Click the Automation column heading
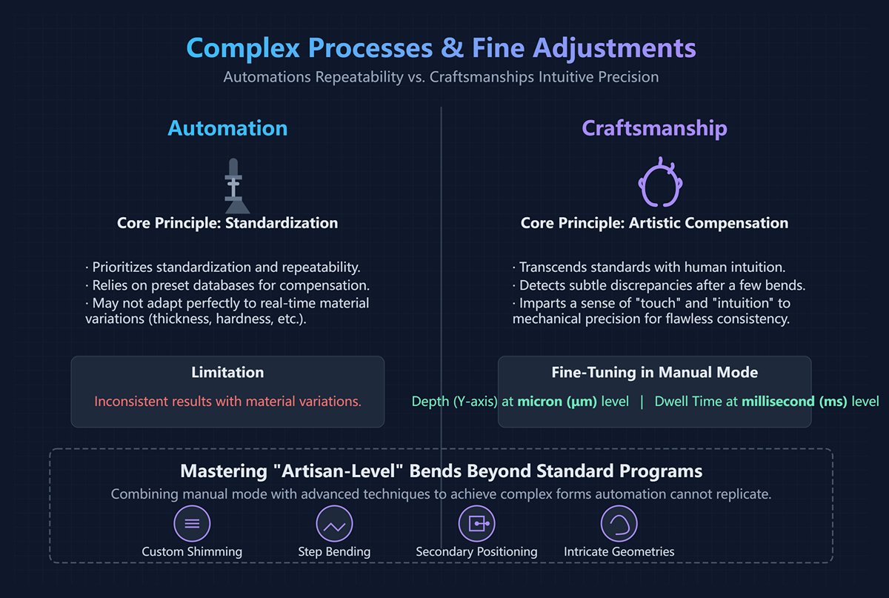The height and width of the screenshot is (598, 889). tap(227, 128)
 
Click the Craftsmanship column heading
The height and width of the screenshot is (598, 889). tap(654, 128)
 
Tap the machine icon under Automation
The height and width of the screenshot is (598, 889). tap(233, 185)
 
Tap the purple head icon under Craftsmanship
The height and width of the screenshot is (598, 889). tap(659, 185)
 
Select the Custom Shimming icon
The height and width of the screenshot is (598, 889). tap(192, 524)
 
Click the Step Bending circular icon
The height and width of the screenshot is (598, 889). tap(334, 524)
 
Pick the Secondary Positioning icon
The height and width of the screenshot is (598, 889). tap(476, 524)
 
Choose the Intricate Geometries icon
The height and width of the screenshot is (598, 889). tap(619, 524)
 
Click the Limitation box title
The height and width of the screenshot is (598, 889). tap(227, 373)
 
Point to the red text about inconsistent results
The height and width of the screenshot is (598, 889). tap(227, 402)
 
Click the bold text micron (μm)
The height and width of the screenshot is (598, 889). tap(557, 402)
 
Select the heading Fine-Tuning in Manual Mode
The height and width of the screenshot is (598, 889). tap(654, 373)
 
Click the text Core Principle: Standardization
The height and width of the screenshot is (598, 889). tap(227, 223)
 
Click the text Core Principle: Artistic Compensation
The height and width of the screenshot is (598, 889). tap(654, 223)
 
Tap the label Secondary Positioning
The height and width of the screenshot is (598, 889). tap(476, 552)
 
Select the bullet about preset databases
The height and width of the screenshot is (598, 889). tap(227, 285)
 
